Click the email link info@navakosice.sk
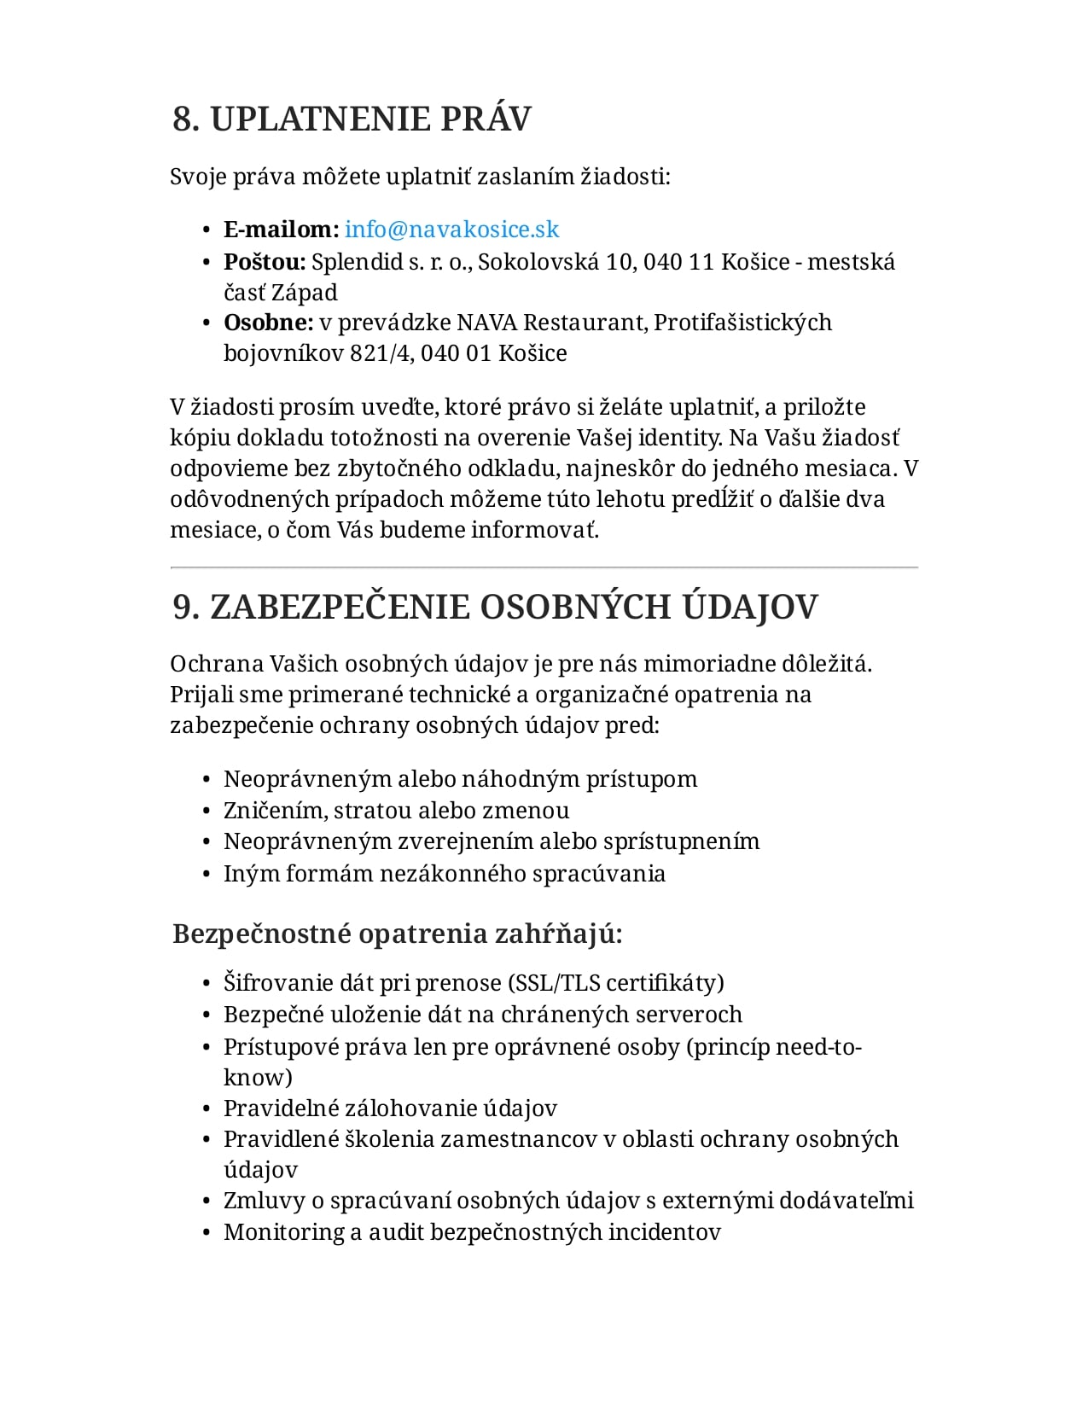451,230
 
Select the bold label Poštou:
265,262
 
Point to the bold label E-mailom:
281,230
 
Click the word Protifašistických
742,323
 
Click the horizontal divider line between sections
544,567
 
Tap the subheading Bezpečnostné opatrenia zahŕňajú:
397,934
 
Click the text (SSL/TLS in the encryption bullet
554,983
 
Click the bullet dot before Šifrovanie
207,984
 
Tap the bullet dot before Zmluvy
207,1201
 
